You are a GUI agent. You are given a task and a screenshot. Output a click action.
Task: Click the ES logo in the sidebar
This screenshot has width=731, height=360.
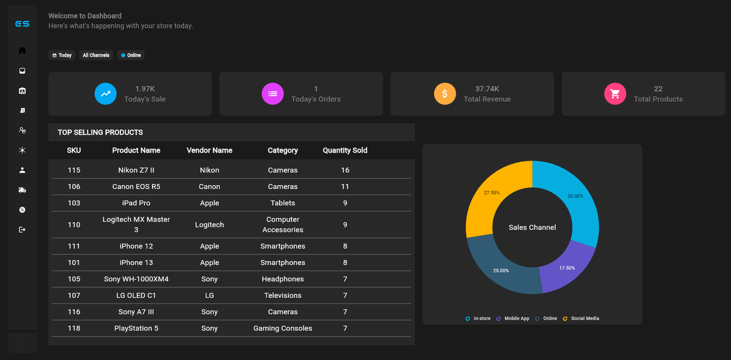point(22,24)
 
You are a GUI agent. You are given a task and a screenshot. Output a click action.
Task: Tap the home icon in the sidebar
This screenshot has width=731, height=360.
point(22,50)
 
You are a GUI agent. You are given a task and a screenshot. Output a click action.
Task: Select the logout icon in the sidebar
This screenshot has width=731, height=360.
point(22,230)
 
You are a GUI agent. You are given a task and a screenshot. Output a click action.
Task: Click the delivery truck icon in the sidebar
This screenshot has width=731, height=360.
point(22,190)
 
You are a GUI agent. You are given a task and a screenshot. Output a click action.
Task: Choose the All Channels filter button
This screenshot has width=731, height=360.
point(96,55)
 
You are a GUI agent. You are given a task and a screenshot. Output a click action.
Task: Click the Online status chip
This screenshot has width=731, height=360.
point(131,55)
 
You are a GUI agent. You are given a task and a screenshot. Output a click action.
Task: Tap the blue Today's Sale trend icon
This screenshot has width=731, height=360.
point(106,94)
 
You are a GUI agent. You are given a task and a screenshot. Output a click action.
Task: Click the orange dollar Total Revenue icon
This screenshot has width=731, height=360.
point(445,94)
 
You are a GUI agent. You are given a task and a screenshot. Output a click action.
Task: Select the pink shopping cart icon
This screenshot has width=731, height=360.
point(615,94)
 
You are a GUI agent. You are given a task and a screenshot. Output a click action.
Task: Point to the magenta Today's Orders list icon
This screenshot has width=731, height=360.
point(272,94)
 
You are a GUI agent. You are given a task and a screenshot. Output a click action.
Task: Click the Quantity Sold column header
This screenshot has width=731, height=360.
point(345,150)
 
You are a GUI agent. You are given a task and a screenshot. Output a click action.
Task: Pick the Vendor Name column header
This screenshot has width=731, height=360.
point(210,150)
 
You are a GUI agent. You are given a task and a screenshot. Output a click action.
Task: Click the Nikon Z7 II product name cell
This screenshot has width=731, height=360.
point(136,170)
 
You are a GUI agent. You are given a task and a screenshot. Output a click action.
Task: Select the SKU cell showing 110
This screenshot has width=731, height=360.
point(74,225)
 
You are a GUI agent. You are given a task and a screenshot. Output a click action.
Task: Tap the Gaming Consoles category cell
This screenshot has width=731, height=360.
point(283,329)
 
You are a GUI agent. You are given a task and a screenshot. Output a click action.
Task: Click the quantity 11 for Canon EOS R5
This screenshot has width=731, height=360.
point(345,187)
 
